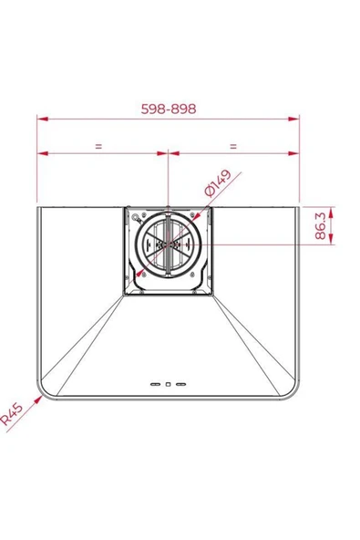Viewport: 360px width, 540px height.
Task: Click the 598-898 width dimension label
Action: click(x=169, y=109)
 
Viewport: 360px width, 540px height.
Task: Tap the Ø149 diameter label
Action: click(x=218, y=182)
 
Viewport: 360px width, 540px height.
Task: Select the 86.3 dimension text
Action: click(x=321, y=226)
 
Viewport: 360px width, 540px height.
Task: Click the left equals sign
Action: click(x=98, y=146)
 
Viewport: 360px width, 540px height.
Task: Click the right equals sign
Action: click(x=233, y=146)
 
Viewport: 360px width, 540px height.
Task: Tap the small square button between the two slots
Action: click(x=168, y=384)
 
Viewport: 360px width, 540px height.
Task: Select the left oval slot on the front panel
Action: click(x=155, y=384)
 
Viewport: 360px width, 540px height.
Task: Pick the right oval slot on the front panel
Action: click(x=180, y=384)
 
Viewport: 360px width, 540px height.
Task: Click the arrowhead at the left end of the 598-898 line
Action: click(x=42, y=119)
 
